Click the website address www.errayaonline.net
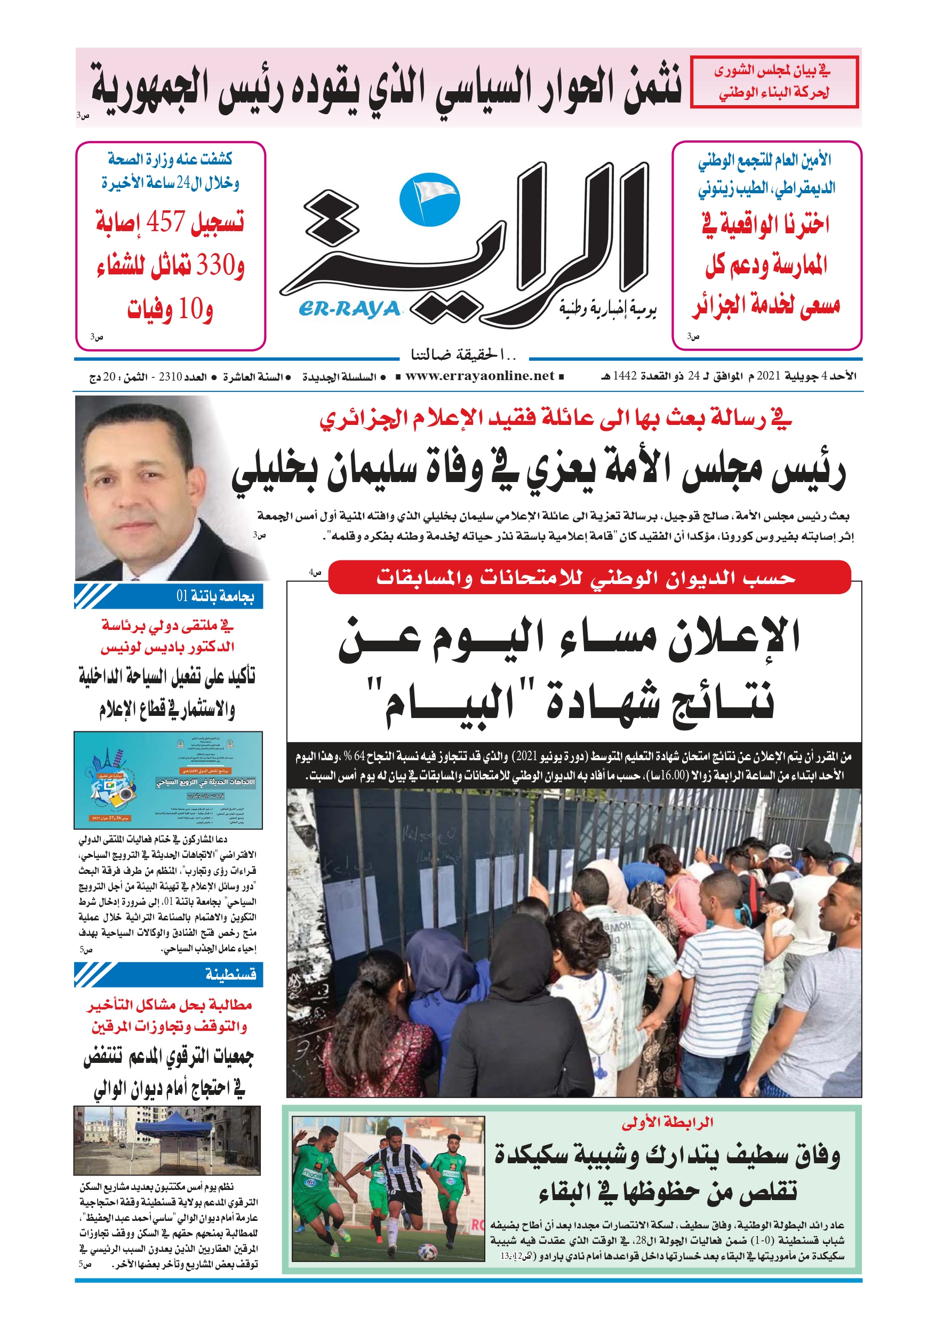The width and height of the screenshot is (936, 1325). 479,376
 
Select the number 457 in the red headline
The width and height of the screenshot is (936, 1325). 165,221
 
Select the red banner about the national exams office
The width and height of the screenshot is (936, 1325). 589,577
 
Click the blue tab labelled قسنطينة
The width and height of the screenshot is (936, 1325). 169,974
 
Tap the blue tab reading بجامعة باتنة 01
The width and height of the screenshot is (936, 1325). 169,596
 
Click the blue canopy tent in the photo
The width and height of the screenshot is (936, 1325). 173,1126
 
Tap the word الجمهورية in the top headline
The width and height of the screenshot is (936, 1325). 150,86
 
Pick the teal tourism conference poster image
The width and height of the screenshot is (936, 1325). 169,780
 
